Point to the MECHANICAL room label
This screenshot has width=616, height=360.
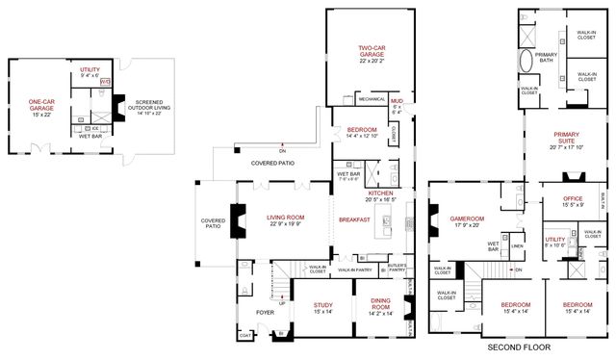[x=371, y=98]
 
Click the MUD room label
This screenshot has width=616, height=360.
[x=397, y=98]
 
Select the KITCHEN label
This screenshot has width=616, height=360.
[x=381, y=193]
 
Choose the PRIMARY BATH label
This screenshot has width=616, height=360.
[x=547, y=56]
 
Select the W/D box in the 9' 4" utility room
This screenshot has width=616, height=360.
[x=105, y=82]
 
